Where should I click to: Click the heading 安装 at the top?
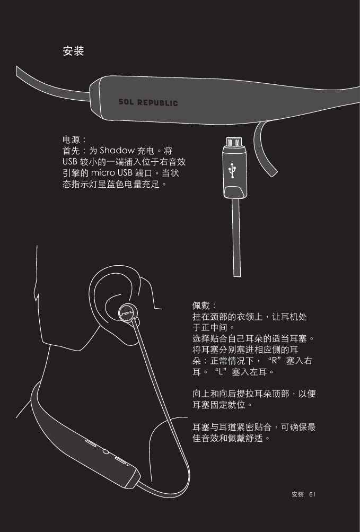73,51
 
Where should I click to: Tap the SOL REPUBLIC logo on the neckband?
147,102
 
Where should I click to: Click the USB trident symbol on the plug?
233,170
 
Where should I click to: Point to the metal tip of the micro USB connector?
233,142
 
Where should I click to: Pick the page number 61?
312,494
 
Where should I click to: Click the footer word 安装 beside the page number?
298,494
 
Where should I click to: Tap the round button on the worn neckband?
105,452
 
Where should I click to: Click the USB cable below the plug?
236,239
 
